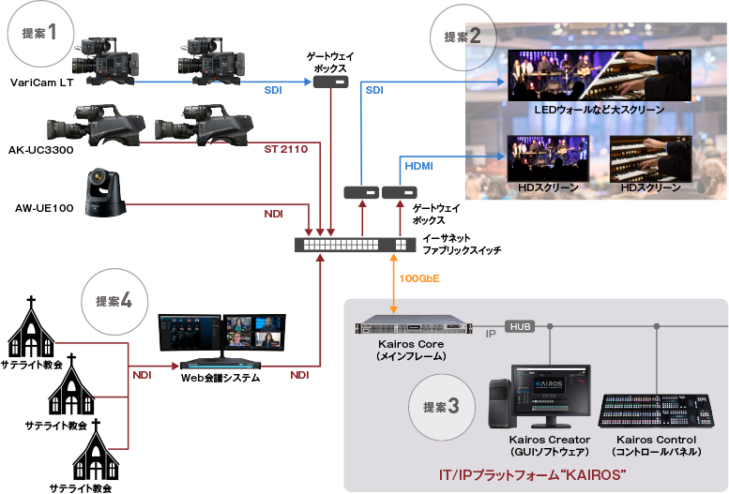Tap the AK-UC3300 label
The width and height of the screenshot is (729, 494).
(40, 150)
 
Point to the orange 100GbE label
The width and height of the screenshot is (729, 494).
(418, 278)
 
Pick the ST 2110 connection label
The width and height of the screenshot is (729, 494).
(285, 149)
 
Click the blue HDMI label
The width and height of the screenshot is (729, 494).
(418, 165)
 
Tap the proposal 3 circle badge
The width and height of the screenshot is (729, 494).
(441, 406)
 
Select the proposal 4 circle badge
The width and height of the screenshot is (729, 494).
(113, 301)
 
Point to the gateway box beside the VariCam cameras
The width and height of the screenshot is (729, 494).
(329, 82)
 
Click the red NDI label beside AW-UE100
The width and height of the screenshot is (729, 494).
(273, 215)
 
